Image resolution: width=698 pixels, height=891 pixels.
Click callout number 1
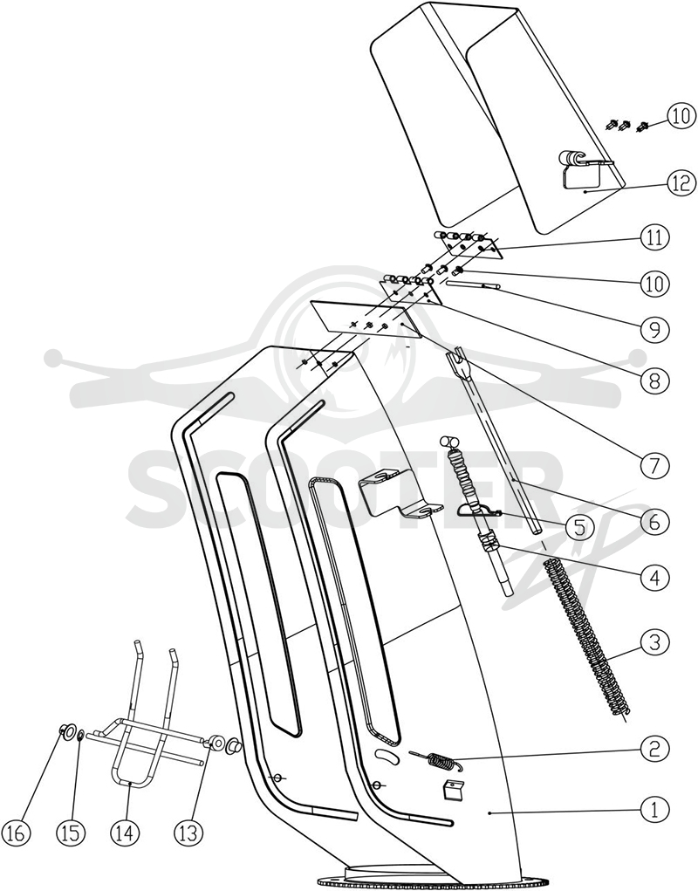tap(655, 809)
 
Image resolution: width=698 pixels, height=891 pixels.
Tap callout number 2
tap(655, 749)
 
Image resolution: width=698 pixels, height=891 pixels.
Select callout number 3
tap(655, 642)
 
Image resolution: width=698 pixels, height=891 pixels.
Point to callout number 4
tap(655, 578)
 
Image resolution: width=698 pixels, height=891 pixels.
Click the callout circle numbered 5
tap(578, 526)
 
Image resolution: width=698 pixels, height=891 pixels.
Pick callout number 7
tap(655, 465)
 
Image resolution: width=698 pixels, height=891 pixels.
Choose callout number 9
tap(655, 329)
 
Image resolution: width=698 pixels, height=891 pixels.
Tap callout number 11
tap(655, 237)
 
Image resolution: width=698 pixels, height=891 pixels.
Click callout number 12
tap(681, 183)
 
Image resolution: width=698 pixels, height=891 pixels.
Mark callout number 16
tap(16, 833)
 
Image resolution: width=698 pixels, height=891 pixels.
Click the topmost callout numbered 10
tap(681, 116)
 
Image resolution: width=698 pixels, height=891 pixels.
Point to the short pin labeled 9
tap(473, 286)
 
